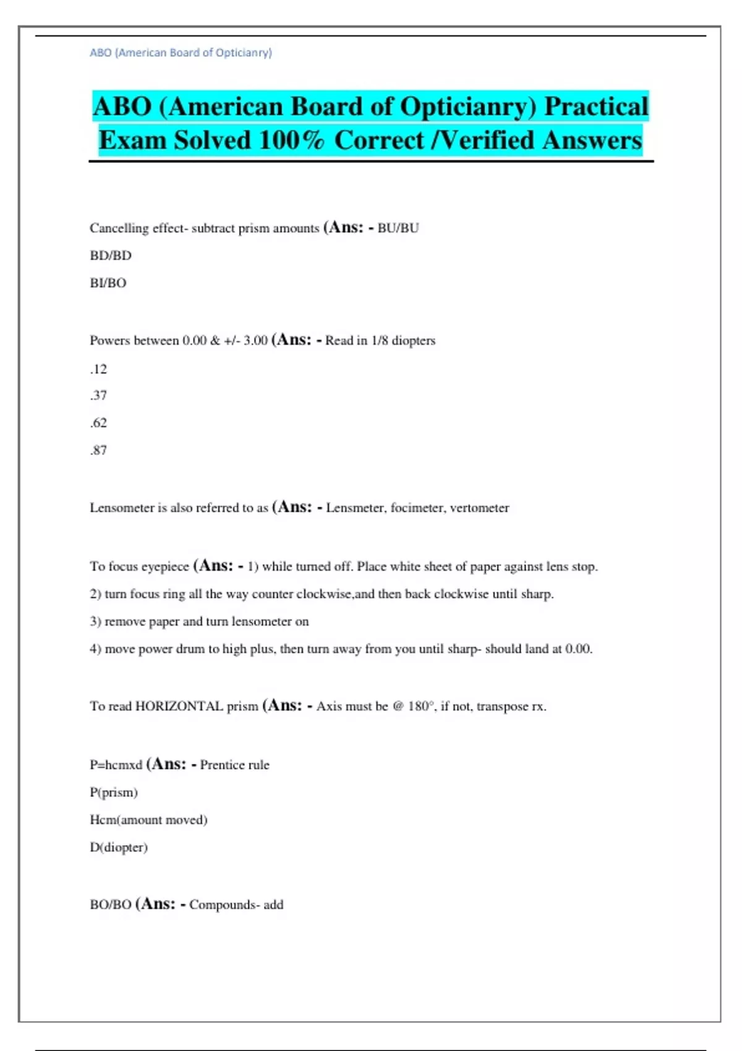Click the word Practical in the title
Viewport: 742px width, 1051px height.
pos(596,106)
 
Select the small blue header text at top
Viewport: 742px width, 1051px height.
pos(181,53)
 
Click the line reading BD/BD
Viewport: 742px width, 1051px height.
pos(111,255)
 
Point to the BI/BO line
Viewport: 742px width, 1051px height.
pos(108,283)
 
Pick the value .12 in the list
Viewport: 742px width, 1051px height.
pos(98,369)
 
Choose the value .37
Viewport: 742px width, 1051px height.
pos(98,396)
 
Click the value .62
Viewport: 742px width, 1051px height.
pos(98,423)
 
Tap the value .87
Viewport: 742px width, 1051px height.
pos(98,450)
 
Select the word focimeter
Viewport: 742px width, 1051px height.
pos(417,508)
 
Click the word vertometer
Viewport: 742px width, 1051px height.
pos(479,508)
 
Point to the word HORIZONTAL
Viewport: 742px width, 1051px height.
pos(179,706)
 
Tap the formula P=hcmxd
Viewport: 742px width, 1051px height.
pos(116,765)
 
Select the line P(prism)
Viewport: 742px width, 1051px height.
pos(114,793)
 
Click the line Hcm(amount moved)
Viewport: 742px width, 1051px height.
pos(148,820)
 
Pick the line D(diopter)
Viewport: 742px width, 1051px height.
pos(119,847)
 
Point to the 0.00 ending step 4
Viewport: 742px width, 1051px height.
pos(579,649)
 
